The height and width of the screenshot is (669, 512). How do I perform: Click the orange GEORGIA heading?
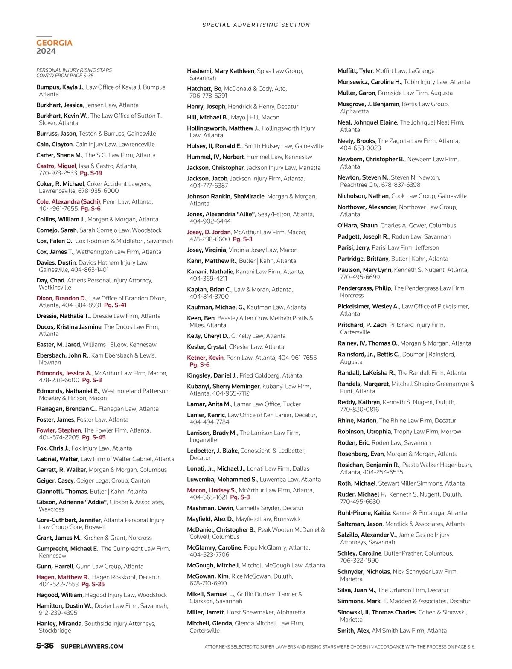54,43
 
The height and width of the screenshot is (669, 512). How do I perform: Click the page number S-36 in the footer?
45,646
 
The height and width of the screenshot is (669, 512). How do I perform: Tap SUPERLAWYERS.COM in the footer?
92,646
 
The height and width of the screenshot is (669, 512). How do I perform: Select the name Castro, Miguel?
56,166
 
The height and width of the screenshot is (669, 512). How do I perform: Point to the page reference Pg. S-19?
91,173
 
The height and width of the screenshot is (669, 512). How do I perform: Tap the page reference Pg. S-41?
115,305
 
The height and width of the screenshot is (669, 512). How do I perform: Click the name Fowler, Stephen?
58,430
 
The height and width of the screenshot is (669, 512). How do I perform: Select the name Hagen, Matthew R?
63,577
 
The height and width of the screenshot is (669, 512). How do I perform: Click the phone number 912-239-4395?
58,613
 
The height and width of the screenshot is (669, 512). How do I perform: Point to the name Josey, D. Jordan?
209,232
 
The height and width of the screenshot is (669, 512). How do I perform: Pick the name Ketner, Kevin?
205,358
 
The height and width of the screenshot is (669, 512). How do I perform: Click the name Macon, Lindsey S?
212,490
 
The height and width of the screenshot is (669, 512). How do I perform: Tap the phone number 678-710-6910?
208,583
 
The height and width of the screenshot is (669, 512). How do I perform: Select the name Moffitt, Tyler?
355,71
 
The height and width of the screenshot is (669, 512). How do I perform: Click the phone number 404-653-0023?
360,148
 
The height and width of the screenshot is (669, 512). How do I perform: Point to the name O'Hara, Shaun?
358,225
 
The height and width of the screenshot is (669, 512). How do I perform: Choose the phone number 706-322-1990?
359,561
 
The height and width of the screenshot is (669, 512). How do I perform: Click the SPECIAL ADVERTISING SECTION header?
256,25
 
